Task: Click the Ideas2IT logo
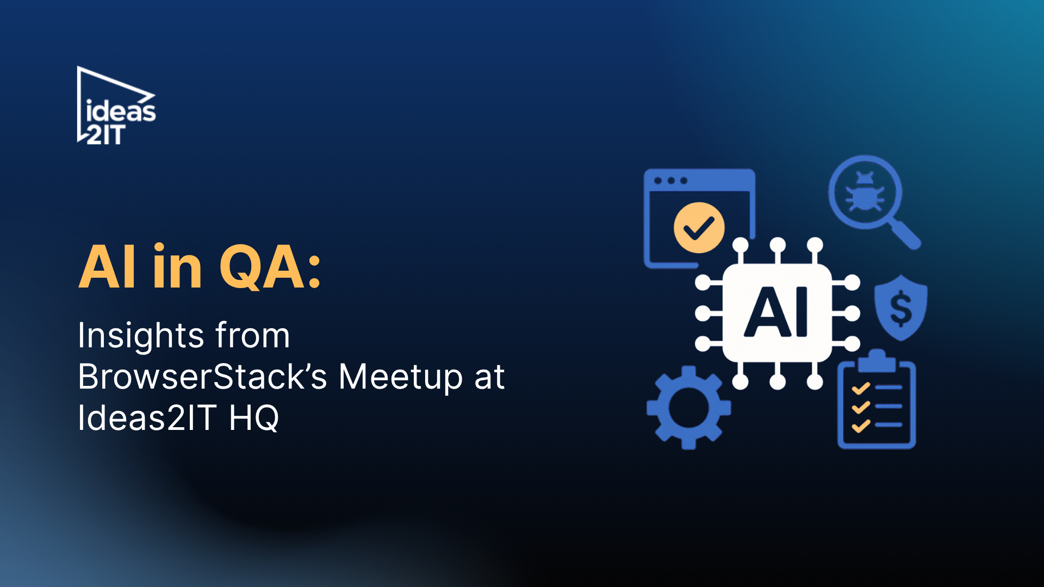coord(116,107)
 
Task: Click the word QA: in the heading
coord(270,267)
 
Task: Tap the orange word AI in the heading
coord(107,267)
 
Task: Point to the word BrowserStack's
coord(202,377)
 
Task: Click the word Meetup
coord(400,377)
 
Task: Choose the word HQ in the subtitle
coord(253,418)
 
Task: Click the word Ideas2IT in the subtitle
coord(147,418)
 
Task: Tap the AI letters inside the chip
coord(776,313)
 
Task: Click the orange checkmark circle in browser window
coord(699,228)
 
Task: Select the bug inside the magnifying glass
coord(865,192)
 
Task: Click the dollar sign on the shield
coord(900,308)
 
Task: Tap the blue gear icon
coord(688,408)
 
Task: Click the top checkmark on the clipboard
coord(861,388)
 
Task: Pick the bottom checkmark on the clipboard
coord(861,426)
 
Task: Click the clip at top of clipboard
coord(876,360)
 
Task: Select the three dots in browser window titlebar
coord(670,180)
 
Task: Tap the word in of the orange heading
coord(177,267)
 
